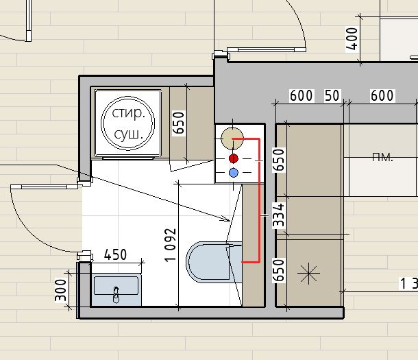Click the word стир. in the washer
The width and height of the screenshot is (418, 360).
pyautogui.click(x=129, y=113)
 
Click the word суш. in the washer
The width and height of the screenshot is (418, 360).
pyautogui.click(x=129, y=134)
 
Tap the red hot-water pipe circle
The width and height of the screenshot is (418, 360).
pyautogui.click(x=234, y=158)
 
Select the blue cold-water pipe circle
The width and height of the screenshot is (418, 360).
pyautogui.click(x=234, y=173)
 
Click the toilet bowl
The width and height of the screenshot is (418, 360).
pyautogui.click(x=208, y=262)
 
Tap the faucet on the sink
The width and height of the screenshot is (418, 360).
pyautogui.click(x=116, y=295)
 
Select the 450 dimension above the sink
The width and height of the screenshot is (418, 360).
pyautogui.click(x=115, y=254)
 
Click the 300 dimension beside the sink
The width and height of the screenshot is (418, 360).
pyautogui.click(x=60, y=290)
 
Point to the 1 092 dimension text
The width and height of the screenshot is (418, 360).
pyautogui.click(x=171, y=245)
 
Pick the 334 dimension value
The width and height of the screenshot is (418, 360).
pyautogui.click(x=279, y=215)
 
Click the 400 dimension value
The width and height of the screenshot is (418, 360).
pyautogui.click(x=352, y=39)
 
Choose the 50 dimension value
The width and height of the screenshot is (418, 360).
pyautogui.click(x=332, y=95)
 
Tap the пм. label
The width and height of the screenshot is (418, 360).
pyautogui.click(x=382, y=157)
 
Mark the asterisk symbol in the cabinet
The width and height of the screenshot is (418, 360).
pyautogui.click(x=308, y=273)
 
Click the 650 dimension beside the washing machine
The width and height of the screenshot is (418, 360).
pyautogui.click(x=179, y=123)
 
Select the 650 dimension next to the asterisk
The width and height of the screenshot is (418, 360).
pyautogui.click(x=279, y=270)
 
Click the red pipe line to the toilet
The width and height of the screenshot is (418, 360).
pyautogui.click(x=259, y=200)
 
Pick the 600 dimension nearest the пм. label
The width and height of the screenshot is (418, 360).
pyautogui.click(x=382, y=95)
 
